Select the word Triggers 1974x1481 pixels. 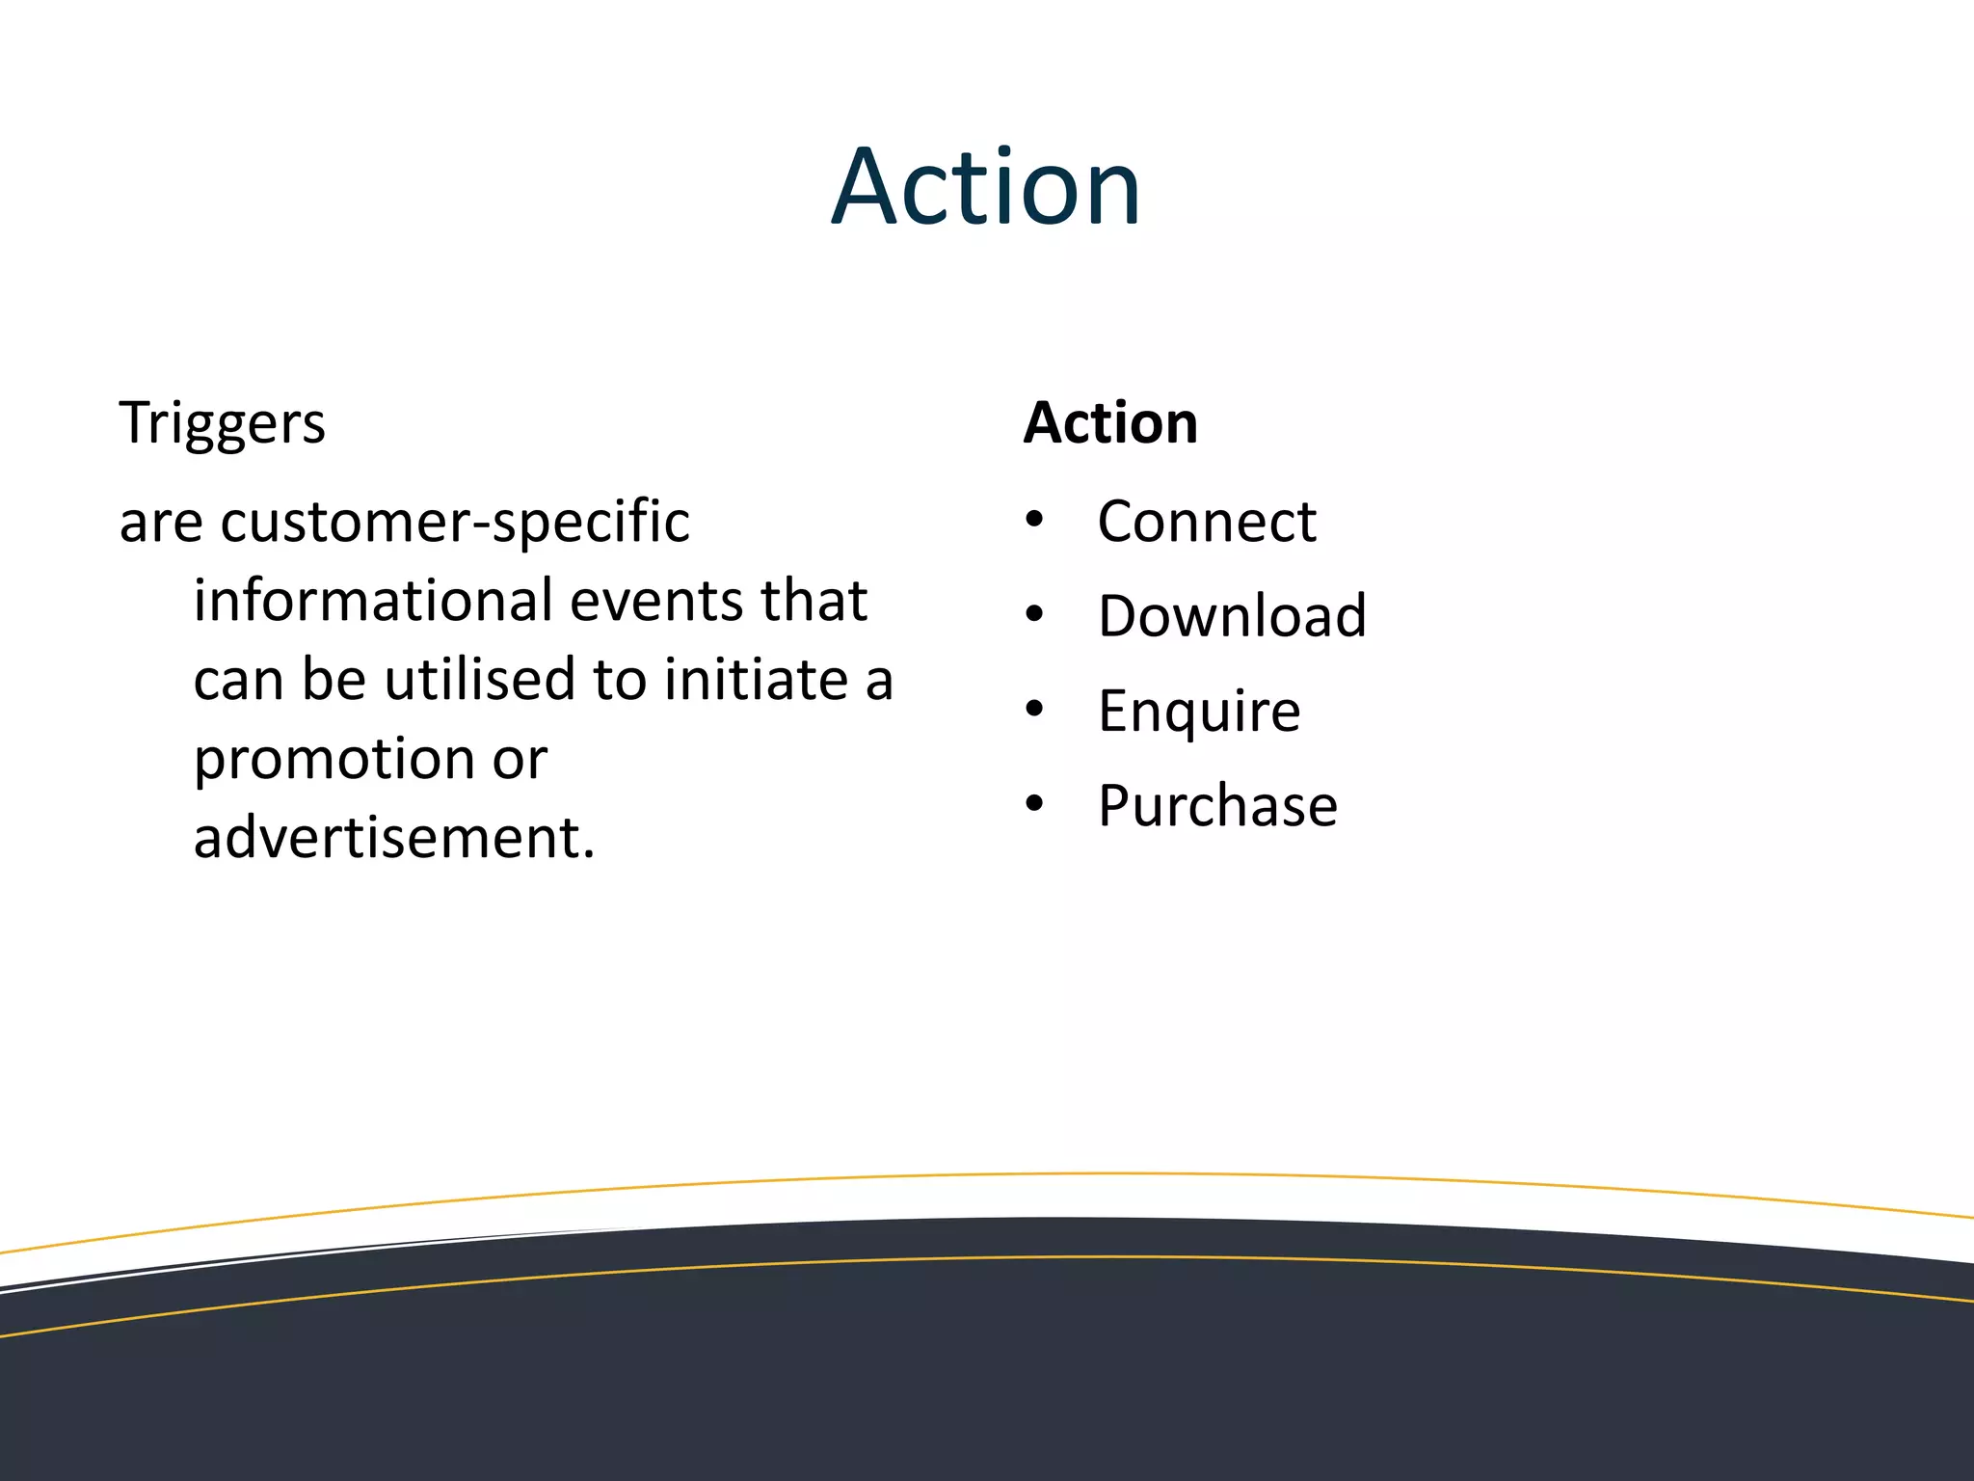(x=222, y=424)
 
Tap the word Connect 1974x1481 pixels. (x=1206, y=522)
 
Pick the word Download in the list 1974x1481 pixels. (x=1232, y=616)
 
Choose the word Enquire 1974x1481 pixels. (x=1199, y=712)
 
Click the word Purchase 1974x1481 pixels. (x=1217, y=806)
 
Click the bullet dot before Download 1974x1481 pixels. (x=1034, y=614)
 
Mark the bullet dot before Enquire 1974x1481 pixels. (x=1034, y=709)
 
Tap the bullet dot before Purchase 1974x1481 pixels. (x=1034, y=803)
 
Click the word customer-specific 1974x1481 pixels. (x=455, y=524)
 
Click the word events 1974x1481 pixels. (x=656, y=601)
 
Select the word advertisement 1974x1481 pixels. (x=394, y=838)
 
